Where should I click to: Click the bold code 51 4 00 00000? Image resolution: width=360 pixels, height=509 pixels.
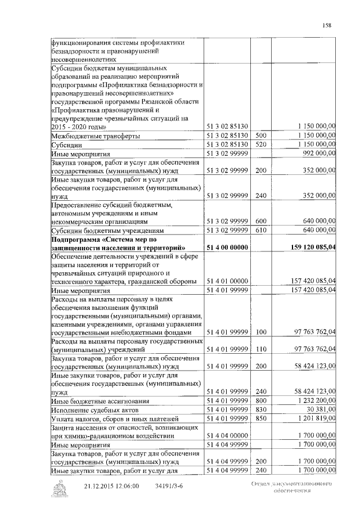point(228,247)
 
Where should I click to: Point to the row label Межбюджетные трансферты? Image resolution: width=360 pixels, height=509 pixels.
point(96,136)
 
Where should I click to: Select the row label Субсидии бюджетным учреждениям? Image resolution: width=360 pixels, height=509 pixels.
point(107,230)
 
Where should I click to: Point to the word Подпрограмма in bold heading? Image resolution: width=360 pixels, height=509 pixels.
point(74,238)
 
